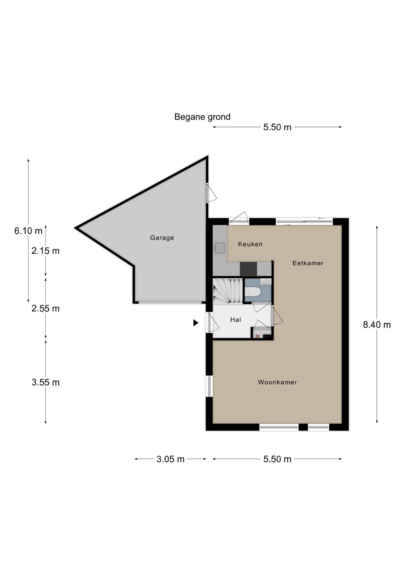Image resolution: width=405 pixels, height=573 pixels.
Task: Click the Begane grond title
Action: (202, 117)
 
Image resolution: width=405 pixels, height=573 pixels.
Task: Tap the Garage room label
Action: (162, 238)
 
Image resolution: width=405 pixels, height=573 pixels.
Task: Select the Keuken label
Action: (250, 244)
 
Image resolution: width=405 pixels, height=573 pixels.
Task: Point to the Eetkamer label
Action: (308, 263)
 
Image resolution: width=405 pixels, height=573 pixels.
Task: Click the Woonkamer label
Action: (277, 382)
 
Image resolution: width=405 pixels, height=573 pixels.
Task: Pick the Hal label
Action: (236, 320)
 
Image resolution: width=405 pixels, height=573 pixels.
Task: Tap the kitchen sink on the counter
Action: (220, 248)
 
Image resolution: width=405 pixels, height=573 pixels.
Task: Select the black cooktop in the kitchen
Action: (248, 269)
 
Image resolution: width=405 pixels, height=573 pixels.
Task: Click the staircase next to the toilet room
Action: (228, 290)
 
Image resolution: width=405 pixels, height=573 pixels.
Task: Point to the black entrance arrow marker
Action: (196, 323)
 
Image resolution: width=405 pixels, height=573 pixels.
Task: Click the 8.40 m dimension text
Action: (377, 325)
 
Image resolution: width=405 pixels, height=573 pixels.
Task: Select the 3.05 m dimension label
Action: (170, 459)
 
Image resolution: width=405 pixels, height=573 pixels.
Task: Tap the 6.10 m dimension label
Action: (28, 231)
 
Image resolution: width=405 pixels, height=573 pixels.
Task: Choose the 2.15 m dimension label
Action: (45, 251)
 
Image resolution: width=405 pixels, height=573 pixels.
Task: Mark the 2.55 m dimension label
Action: (45, 308)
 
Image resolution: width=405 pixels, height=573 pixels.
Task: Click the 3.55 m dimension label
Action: (45, 382)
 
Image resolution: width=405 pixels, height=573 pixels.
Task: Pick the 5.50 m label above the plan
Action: (277, 127)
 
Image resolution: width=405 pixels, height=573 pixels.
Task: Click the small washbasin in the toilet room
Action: (266, 282)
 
